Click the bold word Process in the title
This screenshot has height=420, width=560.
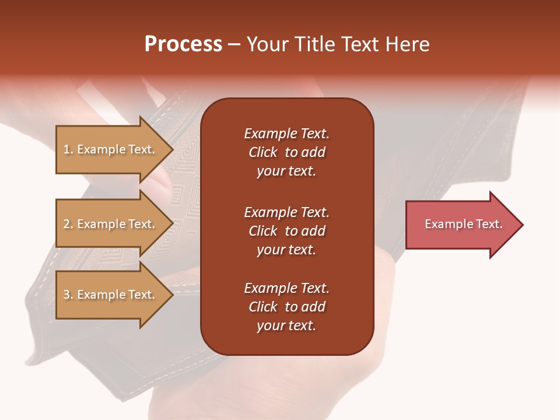click(183, 44)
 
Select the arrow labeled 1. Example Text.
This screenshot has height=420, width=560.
click(109, 149)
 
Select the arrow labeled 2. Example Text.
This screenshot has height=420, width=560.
click(109, 224)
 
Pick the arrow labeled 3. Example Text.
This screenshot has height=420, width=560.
click(109, 295)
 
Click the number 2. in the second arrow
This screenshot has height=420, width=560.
click(68, 224)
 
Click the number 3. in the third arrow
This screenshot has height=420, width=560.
click(68, 295)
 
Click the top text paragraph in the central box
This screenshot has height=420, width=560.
click(286, 152)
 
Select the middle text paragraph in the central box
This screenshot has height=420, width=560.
click(286, 231)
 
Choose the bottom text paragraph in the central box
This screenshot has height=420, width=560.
click(286, 307)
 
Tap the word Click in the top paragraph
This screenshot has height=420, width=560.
click(263, 152)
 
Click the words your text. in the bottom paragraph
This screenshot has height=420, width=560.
click(286, 325)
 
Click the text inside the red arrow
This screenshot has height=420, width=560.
click(463, 224)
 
